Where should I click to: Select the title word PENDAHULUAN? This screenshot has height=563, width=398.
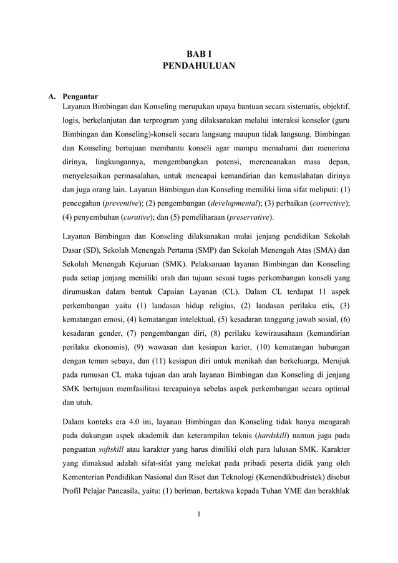(x=198, y=65)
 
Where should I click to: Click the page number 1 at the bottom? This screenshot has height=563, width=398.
(x=198, y=532)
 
